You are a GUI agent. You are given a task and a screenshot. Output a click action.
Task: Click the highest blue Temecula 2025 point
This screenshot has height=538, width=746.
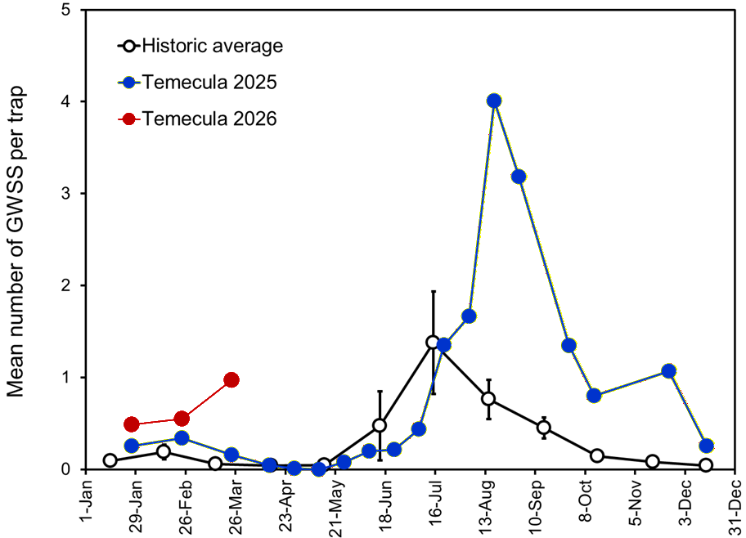(493, 101)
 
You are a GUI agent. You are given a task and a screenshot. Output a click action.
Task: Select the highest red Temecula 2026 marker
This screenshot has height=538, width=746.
(231, 379)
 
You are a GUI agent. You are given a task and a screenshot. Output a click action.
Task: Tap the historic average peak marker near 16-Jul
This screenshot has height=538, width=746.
(433, 342)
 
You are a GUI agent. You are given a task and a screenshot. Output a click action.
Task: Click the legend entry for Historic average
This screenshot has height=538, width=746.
(212, 46)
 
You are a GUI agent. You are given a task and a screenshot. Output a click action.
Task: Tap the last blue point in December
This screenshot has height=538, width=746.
(706, 446)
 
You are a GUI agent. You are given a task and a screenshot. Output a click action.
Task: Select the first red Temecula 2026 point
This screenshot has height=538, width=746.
(131, 424)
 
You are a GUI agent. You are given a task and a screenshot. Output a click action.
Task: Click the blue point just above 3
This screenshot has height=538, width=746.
(518, 177)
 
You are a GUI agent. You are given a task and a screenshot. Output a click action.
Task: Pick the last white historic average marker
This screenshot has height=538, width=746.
(706, 465)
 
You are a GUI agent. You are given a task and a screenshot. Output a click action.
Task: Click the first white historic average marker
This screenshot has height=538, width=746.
(110, 460)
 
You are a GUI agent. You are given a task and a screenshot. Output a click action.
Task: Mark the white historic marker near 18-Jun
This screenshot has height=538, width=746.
(380, 425)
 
